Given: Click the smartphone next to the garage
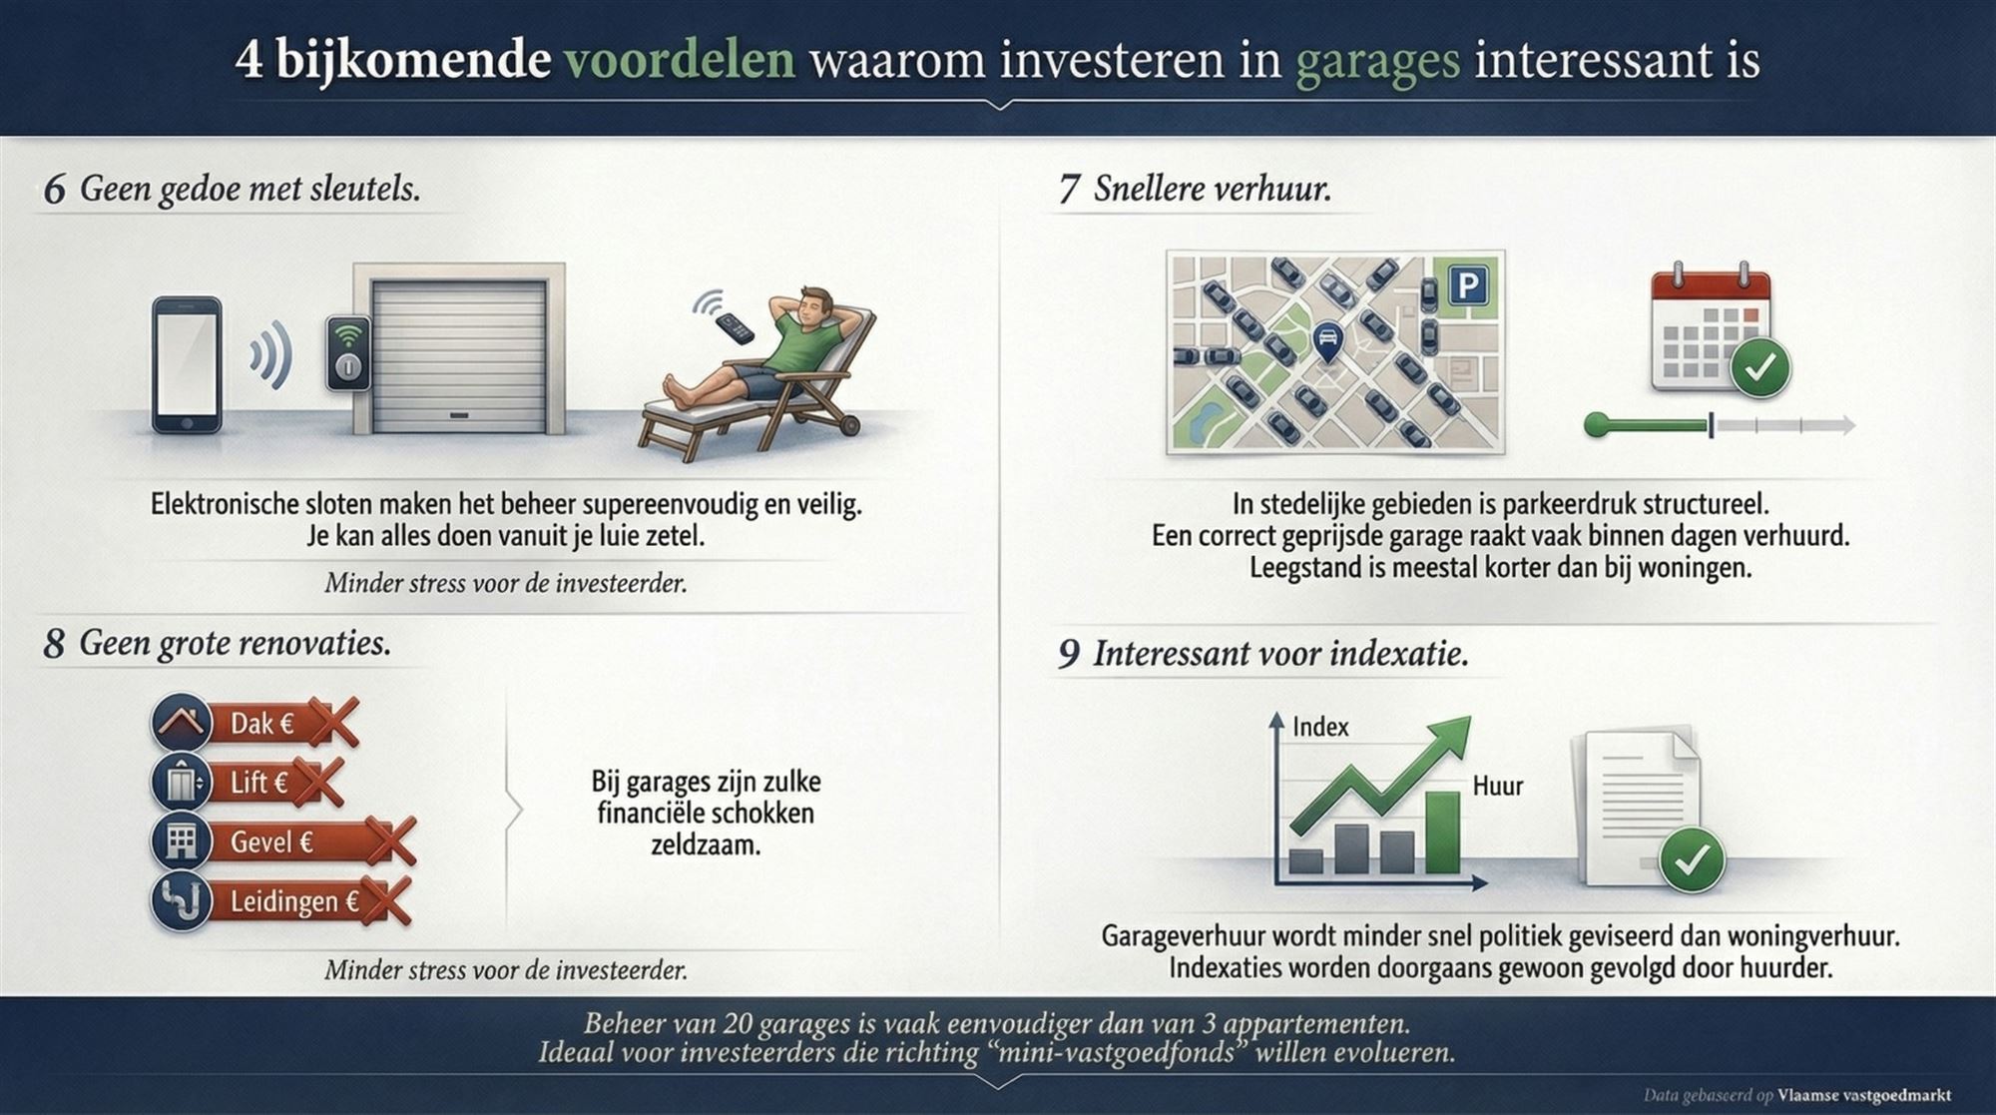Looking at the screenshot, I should (x=187, y=364).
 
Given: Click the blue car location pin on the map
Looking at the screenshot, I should (x=1326, y=342).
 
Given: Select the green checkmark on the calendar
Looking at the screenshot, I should (x=1760, y=367).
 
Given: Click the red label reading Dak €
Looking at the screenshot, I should (x=261, y=723).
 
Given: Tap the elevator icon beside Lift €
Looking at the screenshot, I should (x=182, y=782).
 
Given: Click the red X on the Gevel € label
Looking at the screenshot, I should (x=390, y=840).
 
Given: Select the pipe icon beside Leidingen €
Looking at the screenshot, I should (x=182, y=900).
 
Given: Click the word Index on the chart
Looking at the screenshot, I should (x=1319, y=727).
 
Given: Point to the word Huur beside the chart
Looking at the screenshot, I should (x=1497, y=786).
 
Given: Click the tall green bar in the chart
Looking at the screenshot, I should (x=1441, y=834).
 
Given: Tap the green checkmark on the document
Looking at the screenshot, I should (x=1692, y=858).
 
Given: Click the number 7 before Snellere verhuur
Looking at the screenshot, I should (x=1068, y=189).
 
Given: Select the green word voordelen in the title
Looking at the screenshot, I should (x=680, y=60).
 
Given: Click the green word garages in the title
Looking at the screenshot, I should (x=1377, y=60).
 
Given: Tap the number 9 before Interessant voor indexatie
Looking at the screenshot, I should (x=1068, y=654).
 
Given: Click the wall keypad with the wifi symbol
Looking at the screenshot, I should (x=348, y=352).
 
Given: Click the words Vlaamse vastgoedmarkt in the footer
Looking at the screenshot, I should (x=1863, y=1095).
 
